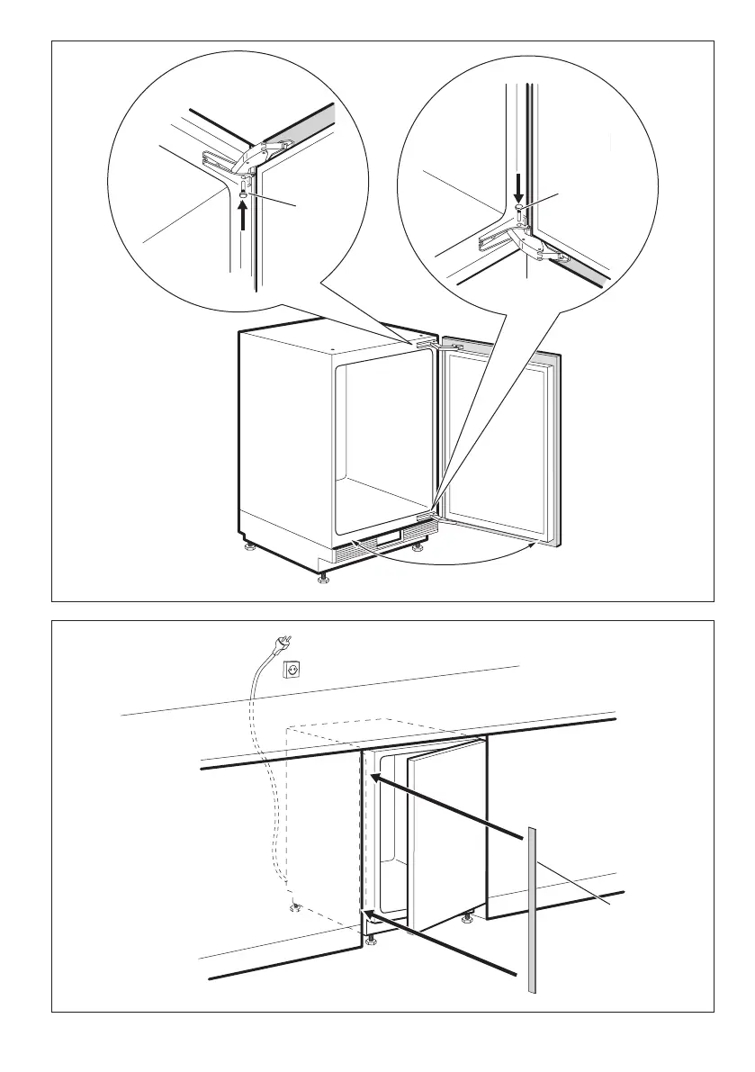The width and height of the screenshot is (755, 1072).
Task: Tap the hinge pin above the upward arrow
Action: tap(245, 194)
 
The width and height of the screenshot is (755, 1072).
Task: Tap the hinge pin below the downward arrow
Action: tap(519, 208)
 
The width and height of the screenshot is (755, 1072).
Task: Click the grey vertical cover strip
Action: tap(534, 909)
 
